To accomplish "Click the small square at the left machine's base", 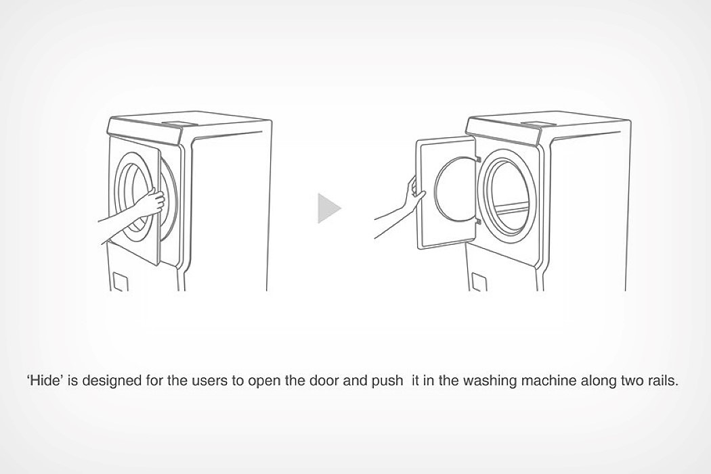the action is (x=120, y=282).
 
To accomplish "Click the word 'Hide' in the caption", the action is (x=45, y=380).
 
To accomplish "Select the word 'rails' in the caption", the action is (x=660, y=380).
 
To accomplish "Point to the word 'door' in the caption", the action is (x=324, y=380).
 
